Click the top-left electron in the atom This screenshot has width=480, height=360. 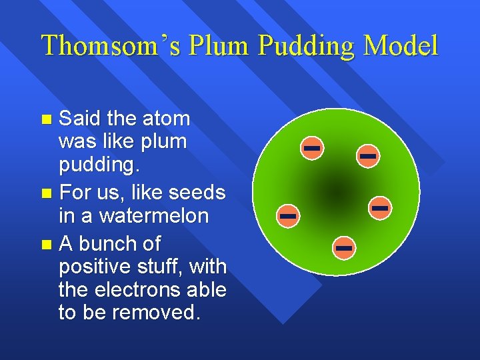coord(311,147)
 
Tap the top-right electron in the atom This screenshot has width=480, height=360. coord(368,156)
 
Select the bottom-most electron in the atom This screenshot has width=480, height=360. coord(343,248)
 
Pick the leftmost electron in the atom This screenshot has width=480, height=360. coord(288,216)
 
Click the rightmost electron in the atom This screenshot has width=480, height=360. coord(380,209)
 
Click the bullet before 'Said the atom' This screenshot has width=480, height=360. coord(46,120)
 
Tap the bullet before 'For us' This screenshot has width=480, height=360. coord(46,195)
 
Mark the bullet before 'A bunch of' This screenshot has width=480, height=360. coord(46,245)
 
